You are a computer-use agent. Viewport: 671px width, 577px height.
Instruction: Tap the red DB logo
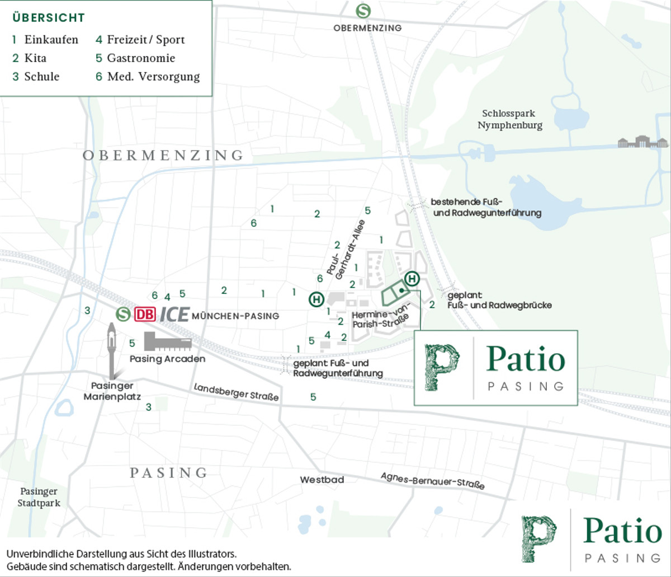(x=144, y=315)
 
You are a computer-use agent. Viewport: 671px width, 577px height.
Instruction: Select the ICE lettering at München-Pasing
(x=174, y=315)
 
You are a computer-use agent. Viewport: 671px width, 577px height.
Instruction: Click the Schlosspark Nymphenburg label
(x=510, y=119)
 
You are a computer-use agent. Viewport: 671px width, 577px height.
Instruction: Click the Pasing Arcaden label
(x=167, y=359)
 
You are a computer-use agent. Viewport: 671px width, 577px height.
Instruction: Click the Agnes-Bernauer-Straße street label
(x=432, y=481)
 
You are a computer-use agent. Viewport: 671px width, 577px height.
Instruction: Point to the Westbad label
(x=322, y=480)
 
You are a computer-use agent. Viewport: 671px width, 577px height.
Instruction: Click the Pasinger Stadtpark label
(x=39, y=497)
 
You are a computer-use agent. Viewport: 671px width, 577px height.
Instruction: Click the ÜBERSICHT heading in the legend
(x=49, y=18)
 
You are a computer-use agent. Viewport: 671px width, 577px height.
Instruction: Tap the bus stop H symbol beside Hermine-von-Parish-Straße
(x=412, y=278)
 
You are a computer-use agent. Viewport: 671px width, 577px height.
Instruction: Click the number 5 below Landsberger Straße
(x=313, y=397)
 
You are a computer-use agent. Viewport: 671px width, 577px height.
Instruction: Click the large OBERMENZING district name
(x=163, y=156)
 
